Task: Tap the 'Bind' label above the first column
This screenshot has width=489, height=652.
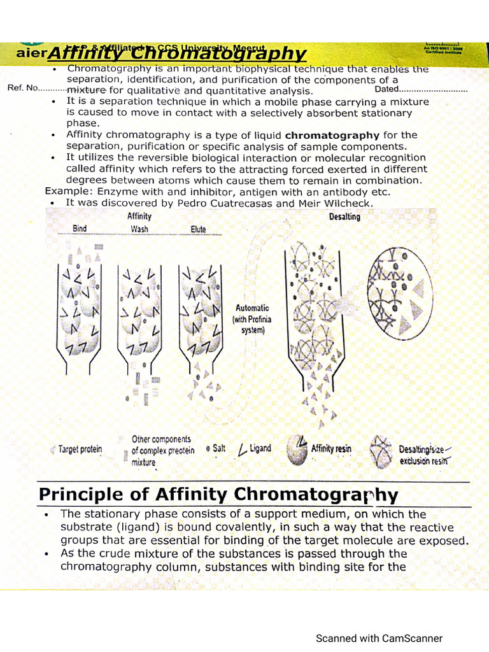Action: click(x=80, y=228)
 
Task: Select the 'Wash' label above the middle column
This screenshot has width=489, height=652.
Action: click(x=139, y=229)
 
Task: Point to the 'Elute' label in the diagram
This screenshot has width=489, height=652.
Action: click(x=198, y=229)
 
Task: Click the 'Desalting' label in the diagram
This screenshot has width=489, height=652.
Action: click(x=344, y=216)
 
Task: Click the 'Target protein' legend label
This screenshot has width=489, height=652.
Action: click(x=80, y=450)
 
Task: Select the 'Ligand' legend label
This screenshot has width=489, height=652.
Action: click(x=260, y=448)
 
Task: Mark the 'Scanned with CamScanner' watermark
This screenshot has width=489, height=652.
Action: click(x=379, y=638)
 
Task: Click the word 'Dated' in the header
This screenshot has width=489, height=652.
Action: click(x=386, y=89)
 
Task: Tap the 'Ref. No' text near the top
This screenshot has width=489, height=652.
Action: click(x=23, y=88)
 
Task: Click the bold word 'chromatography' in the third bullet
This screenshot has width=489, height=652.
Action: click(x=332, y=135)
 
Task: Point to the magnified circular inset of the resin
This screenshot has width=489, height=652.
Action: click(x=400, y=291)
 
